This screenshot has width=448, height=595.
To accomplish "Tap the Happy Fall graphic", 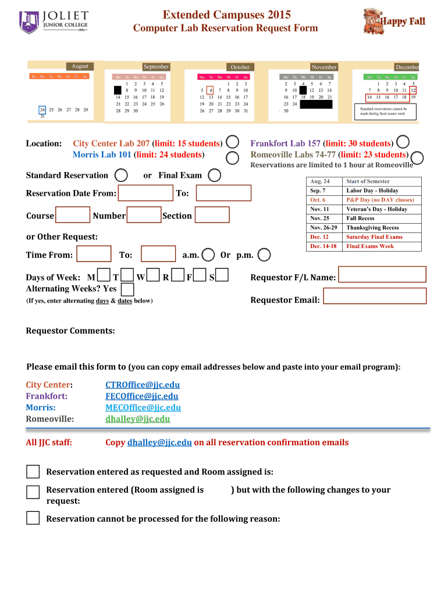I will tap(394, 21).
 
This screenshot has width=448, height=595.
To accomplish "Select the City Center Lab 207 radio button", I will tap(232, 142).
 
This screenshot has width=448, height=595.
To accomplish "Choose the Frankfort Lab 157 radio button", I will tap(402, 142).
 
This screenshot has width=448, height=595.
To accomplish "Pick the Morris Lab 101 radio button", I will tap(232, 157).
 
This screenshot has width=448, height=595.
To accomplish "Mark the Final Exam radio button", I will tap(214, 175).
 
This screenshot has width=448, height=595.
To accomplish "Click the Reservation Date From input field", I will tap(145, 193).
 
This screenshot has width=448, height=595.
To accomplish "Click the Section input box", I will tap(212, 216).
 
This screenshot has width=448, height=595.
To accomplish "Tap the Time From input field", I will tap(94, 254).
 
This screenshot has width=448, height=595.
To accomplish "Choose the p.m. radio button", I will tap(264, 255).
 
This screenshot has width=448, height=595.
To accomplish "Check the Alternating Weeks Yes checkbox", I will tap(127, 289).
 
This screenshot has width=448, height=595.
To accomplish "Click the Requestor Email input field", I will tap(374, 296).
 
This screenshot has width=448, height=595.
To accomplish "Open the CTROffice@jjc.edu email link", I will tap(143, 385).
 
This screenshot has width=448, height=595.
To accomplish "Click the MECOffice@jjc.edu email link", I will tap(143, 407).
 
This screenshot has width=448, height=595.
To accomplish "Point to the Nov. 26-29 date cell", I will tap(323, 228).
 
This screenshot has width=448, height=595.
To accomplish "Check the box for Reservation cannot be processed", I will tap(33, 518).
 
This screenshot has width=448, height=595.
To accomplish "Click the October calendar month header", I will tap(240, 67).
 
